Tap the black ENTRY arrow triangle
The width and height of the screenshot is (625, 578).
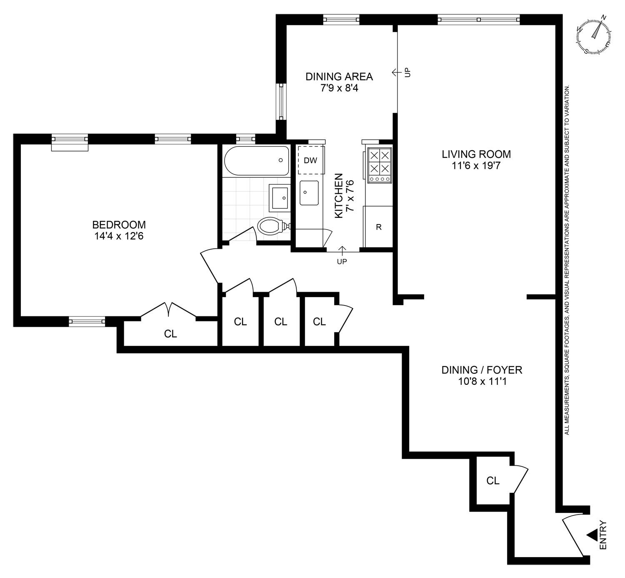[592, 535]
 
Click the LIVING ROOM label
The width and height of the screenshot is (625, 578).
[476, 154]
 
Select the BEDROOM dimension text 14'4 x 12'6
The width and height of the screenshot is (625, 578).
[119, 236]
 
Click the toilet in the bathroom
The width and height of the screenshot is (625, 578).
[271, 227]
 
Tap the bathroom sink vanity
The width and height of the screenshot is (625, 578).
[279, 197]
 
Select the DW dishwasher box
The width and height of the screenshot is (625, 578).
[311, 160]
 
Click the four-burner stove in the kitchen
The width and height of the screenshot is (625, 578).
[379, 166]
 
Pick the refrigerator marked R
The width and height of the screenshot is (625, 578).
[378, 227]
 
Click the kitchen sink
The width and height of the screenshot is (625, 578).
[309, 193]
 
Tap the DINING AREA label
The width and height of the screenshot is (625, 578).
[339, 77]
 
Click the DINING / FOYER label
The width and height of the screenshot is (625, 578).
[482, 370]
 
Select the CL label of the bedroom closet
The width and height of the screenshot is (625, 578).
[170, 334]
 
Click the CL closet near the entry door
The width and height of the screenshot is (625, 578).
[493, 481]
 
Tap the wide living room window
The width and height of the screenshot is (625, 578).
[479, 19]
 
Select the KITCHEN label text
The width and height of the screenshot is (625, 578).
[339, 195]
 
